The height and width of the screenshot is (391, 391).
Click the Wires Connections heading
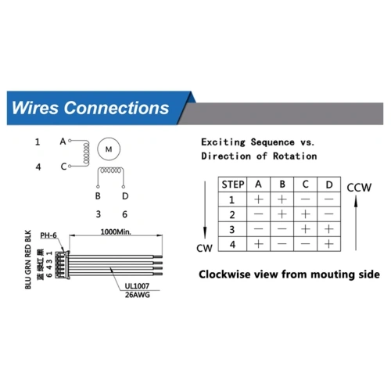pyautogui.click(x=90, y=108)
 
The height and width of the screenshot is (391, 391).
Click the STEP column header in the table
pyautogui.click(x=232, y=185)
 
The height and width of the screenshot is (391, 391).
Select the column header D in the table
pyautogui.click(x=329, y=185)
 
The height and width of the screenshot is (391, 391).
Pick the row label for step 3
pyautogui.click(x=232, y=230)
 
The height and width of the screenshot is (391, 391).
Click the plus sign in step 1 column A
pyautogui.click(x=259, y=199)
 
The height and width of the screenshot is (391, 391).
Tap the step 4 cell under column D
pyautogui.click(x=329, y=244)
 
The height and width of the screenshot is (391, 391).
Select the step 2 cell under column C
pyautogui.click(x=306, y=214)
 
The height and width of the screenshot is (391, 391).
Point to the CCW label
pyautogui.click(x=359, y=188)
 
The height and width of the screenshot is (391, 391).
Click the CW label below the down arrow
pyautogui.click(x=204, y=248)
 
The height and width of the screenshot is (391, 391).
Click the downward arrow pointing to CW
pyautogui.click(x=205, y=210)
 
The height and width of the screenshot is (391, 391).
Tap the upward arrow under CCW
pyautogui.click(x=356, y=223)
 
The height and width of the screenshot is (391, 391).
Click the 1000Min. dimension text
pyautogui.click(x=116, y=231)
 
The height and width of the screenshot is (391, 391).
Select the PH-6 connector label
pyautogui.click(x=48, y=235)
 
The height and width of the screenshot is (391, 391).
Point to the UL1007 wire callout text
pyautogui.click(x=137, y=286)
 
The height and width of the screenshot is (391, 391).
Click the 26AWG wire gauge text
pyautogui.click(x=138, y=295)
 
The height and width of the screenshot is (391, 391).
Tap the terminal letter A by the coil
pyautogui.click(x=63, y=142)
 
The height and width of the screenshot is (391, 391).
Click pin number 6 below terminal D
pyautogui.click(x=124, y=214)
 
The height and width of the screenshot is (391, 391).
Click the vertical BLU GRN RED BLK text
pyautogui.click(x=28, y=260)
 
